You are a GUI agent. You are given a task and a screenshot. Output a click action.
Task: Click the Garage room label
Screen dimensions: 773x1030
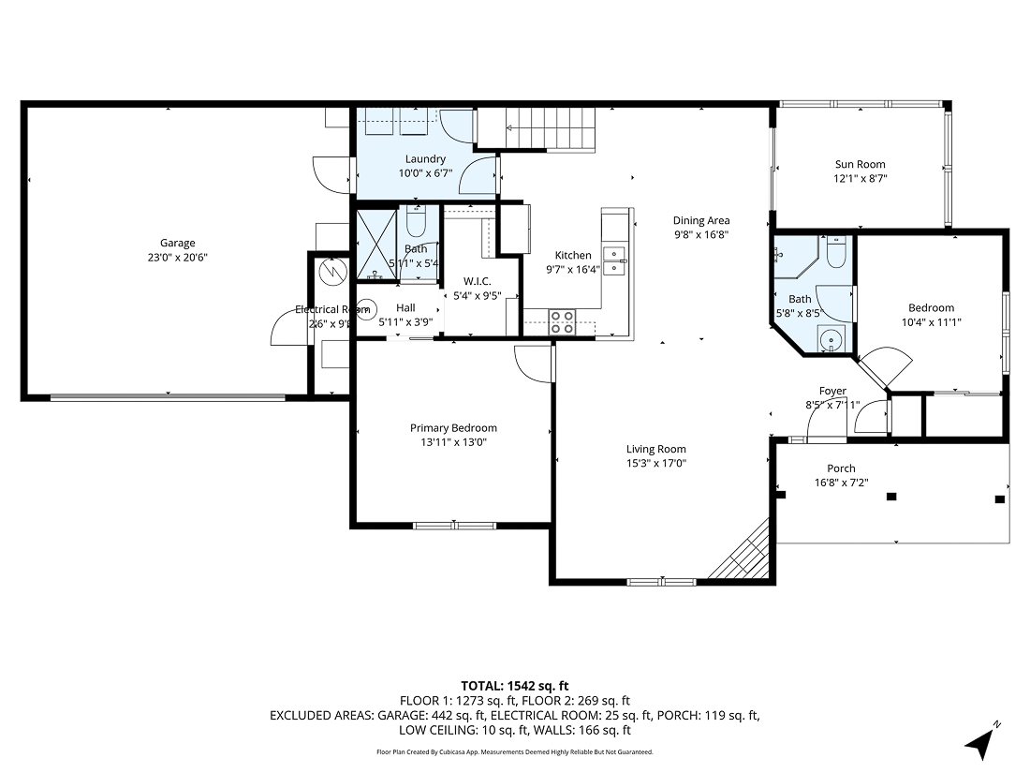point(177,243)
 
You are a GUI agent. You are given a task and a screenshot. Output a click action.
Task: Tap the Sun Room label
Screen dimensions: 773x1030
point(860,164)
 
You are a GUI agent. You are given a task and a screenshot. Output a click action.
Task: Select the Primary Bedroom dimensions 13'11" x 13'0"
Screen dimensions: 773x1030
point(453,442)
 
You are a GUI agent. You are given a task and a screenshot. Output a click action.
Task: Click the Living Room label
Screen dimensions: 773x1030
point(655,449)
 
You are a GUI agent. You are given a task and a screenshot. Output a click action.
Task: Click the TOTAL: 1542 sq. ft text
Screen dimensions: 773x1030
point(514,685)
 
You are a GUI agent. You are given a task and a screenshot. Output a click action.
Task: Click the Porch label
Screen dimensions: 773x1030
point(840,468)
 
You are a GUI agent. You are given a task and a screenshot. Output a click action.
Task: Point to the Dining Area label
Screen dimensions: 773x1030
point(700,221)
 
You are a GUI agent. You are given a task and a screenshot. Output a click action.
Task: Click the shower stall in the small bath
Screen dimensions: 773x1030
point(377,245)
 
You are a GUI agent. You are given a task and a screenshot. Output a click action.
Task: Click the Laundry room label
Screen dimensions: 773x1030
point(424,159)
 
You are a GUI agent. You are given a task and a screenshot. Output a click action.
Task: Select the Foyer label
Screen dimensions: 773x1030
point(832,391)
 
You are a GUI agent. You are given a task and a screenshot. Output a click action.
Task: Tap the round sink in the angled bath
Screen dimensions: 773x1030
point(829,338)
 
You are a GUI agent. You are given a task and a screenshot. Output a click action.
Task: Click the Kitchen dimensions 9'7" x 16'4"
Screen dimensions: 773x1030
point(573,269)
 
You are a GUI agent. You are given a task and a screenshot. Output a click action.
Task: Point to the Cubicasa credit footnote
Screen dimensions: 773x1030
point(514,751)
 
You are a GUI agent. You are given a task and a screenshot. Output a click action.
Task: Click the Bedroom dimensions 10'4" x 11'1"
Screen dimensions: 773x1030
point(931,321)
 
